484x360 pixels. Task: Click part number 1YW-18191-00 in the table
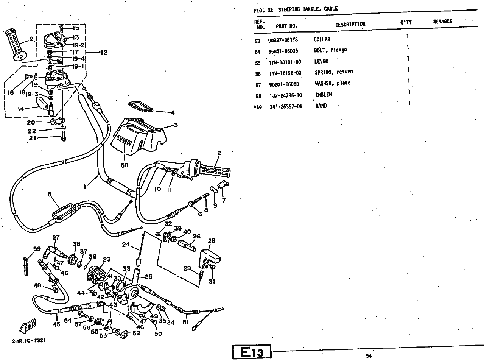285,62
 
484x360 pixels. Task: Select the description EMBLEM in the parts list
324,95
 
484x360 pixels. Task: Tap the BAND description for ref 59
321,106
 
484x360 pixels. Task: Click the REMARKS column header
442,22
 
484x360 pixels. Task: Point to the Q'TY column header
406,23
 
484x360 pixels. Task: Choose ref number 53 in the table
258,40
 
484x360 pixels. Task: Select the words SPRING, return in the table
334,72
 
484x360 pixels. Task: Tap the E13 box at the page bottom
252,352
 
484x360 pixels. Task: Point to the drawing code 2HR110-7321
29,341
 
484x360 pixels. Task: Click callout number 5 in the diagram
49,194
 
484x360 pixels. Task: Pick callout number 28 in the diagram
211,241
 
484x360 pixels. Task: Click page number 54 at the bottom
369,355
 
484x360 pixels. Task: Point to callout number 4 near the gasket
173,112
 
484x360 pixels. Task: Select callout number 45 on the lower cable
56,324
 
